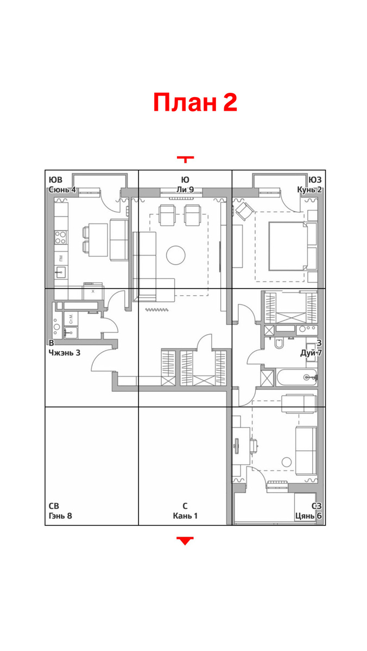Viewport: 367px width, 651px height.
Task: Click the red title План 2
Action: pos(195,102)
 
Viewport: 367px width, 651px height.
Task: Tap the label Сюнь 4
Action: pos(62,190)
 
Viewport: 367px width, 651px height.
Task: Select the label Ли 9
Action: pos(185,190)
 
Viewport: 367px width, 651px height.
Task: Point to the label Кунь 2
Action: pos(309,190)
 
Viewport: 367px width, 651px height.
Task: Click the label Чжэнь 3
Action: pos(64,353)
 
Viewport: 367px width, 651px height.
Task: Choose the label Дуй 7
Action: pos(311,353)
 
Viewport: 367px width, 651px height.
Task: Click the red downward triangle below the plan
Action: pos(185,540)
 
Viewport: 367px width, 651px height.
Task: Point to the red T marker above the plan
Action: pos(185,159)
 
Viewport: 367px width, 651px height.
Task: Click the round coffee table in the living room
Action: pos(176,255)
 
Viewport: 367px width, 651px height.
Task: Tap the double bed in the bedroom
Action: pos(288,246)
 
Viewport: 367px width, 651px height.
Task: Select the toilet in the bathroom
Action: pos(279,343)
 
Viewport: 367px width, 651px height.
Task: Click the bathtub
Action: pos(296,377)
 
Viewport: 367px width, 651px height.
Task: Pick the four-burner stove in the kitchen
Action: pos(60,238)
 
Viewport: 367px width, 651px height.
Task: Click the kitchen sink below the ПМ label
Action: pos(61,272)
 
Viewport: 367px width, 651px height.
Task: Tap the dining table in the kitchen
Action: pos(98,240)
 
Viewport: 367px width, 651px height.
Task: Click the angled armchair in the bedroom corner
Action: pos(245,211)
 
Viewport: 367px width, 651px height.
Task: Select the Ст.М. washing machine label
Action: pos(71,319)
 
